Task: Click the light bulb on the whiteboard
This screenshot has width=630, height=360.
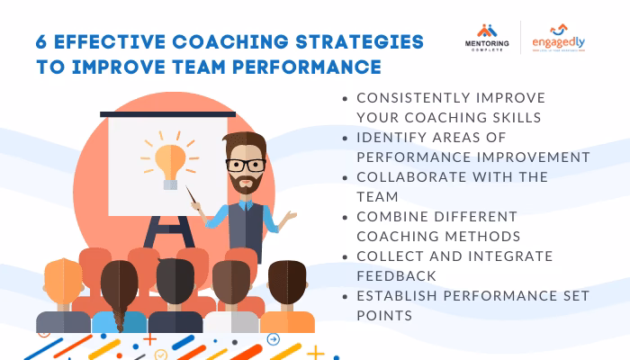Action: pos(170,162)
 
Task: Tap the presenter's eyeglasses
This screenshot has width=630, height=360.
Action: pos(245,166)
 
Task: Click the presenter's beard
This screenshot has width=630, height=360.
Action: pos(244,184)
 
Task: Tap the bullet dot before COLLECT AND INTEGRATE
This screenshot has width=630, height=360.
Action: pos(346,256)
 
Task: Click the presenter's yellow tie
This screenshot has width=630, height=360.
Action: pos(248,216)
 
